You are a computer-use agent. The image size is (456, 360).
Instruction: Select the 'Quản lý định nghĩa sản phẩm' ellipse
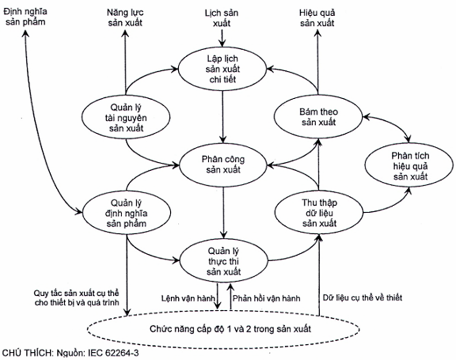[126, 213]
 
